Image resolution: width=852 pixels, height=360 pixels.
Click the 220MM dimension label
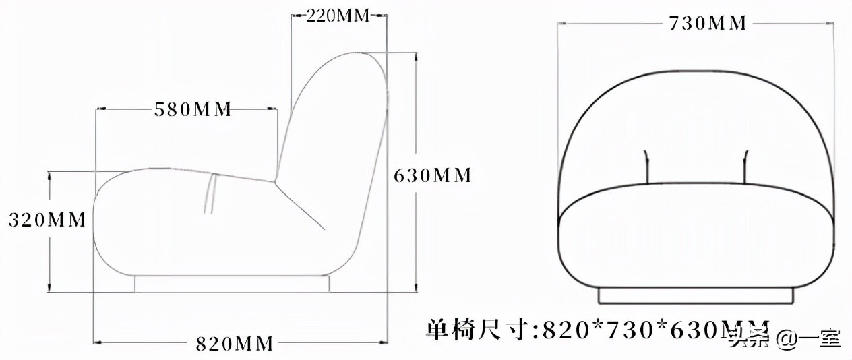click(338, 16)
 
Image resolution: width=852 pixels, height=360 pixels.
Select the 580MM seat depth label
click(193, 109)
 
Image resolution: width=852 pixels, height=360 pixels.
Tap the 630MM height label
click(432, 175)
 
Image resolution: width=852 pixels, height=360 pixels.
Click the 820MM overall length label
click(235, 344)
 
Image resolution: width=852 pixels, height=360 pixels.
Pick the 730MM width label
click(707, 23)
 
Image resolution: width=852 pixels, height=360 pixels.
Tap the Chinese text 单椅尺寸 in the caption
click(479, 330)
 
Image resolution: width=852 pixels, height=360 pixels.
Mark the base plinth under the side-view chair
click(232, 283)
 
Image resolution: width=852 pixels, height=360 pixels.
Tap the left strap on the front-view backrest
click(646, 165)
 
